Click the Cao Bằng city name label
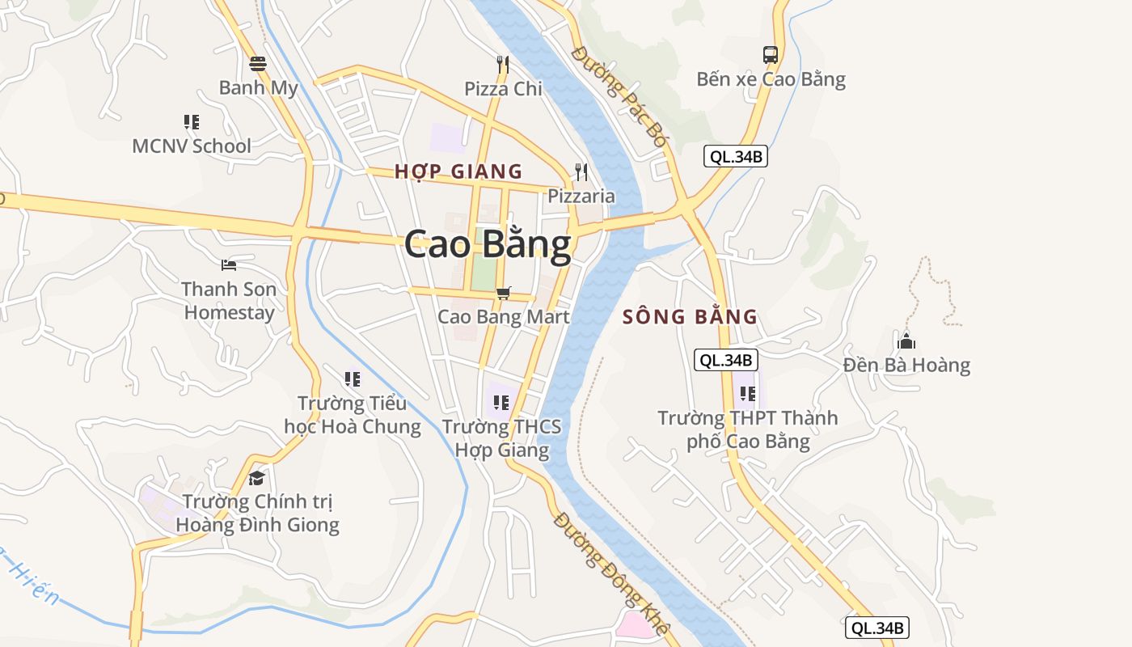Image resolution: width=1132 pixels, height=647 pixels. click(x=488, y=244)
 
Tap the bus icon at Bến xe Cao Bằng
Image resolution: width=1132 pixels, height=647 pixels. click(x=771, y=55)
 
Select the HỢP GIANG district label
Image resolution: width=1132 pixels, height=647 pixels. click(x=458, y=171)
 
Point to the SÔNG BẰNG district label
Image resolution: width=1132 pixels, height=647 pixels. click(x=690, y=317)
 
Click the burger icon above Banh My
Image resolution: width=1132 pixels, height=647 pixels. click(x=258, y=63)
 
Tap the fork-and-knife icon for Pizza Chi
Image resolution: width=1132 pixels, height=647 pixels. click(x=503, y=64)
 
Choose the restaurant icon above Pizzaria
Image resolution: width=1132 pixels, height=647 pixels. click(x=581, y=171)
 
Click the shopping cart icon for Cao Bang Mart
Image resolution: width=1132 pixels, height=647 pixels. click(x=503, y=293)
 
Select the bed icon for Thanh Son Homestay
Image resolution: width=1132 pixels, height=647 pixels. click(x=229, y=264)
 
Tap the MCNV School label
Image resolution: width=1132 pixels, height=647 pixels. click(x=192, y=146)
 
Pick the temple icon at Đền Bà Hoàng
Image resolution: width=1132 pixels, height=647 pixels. click(x=906, y=340)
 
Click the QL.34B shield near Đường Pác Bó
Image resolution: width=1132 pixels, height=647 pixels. click(x=735, y=157)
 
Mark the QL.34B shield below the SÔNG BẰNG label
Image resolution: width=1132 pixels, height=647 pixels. click(x=725, y=361)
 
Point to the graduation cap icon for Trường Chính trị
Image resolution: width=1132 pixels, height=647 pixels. click(x=256, y=478)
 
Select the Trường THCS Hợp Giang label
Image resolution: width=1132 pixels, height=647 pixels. click(x=501, y=438)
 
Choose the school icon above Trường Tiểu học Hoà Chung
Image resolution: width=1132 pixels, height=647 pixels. click(x=352, y=378)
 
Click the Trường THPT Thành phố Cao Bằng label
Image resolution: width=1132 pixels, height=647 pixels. click(x=747, y=429)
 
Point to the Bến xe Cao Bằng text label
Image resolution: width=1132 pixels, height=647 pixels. click(x=771, y=79)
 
